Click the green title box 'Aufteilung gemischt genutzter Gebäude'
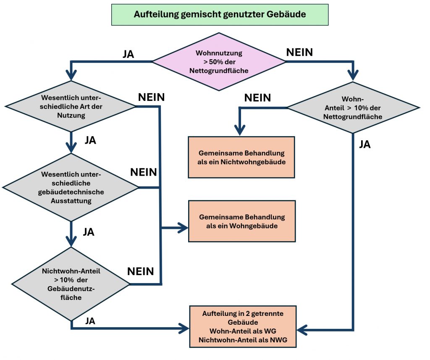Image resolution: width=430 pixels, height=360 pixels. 220,14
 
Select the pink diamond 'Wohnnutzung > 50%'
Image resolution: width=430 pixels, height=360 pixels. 219,62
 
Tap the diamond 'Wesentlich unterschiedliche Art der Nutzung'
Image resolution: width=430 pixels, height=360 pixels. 70,107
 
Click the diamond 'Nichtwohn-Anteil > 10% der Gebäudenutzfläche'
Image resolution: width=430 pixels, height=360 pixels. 71,284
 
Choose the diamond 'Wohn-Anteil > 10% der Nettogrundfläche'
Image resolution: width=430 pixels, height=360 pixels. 353,108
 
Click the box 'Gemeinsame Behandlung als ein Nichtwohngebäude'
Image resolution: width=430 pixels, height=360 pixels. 241,157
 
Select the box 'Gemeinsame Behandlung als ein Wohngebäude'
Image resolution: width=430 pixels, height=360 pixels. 242,221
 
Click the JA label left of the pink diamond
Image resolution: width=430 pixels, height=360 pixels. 128,54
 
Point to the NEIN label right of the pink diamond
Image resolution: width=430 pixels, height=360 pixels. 299,52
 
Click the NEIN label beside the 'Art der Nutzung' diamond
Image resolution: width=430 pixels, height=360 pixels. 151,97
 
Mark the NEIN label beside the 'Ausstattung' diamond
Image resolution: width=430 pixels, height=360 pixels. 144,172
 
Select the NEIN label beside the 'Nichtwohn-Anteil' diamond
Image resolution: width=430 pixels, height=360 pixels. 141,271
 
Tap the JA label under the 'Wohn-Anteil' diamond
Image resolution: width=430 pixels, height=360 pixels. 365,145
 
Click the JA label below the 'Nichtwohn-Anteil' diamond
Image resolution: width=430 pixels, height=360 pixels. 90,321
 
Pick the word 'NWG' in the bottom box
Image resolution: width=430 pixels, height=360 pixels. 279,340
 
